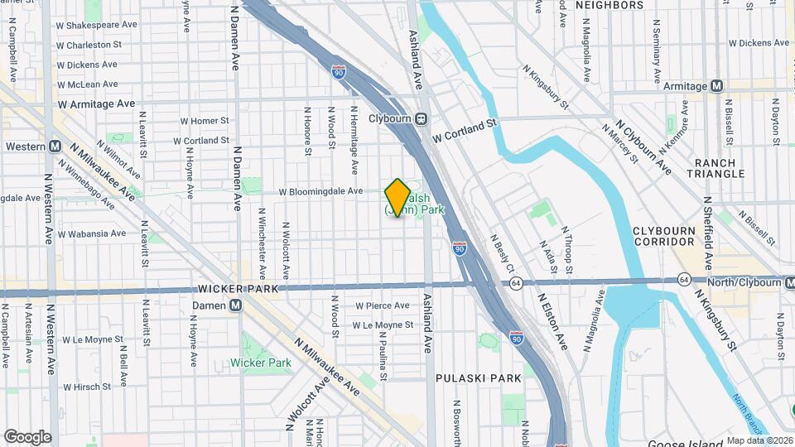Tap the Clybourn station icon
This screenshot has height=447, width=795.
point(422,118)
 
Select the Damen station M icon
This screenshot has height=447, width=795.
point(236,305)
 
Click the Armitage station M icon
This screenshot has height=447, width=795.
point(717,86)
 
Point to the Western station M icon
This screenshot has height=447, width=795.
point(55,147)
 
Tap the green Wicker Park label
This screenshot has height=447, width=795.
point(261,363)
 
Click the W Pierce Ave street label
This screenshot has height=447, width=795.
point(382,305)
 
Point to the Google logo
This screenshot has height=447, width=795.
point(27,437)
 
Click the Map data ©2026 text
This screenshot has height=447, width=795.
point(759,440)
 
